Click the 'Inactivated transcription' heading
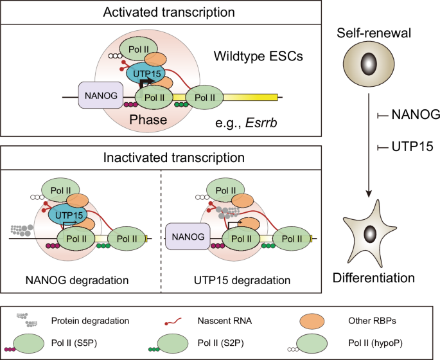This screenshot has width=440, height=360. click(x=161, y=156)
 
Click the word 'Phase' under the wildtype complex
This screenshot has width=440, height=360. click(x=146, y=120)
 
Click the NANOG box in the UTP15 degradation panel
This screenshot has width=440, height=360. click(x=186, y=237)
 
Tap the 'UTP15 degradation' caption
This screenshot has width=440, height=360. click(x=241, y=280)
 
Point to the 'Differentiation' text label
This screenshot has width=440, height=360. click(x=374, y=278)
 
